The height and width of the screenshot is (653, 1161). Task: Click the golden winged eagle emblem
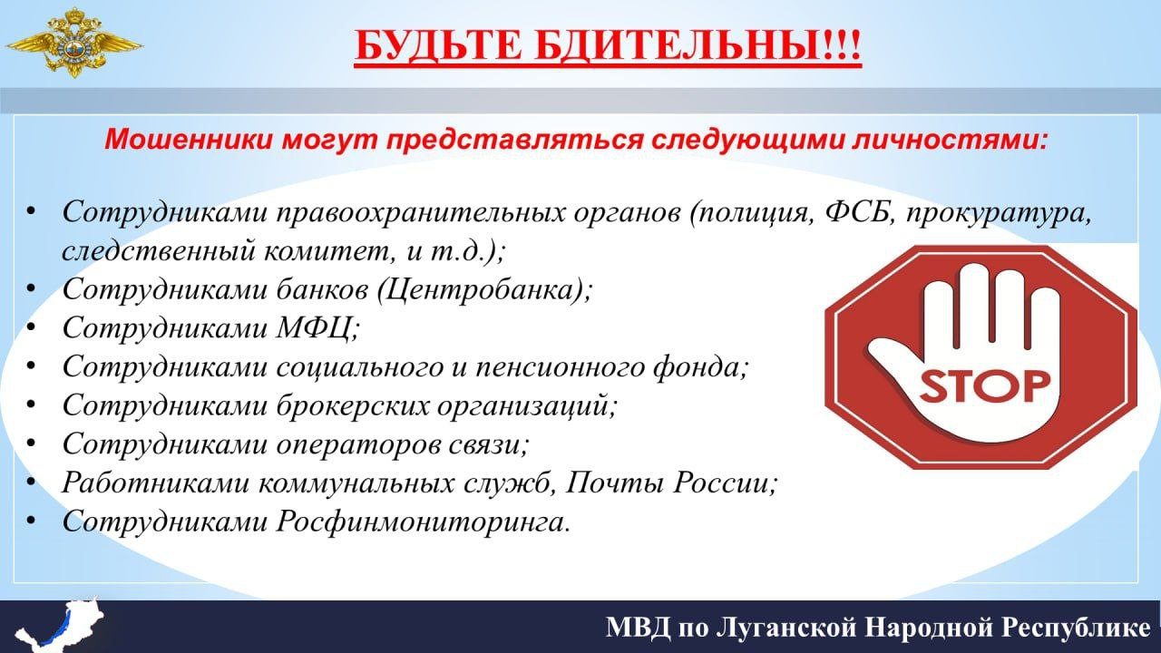coord(74,43)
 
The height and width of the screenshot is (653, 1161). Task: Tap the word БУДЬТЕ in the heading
coord(438,45)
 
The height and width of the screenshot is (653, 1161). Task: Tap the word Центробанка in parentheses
coord(476,290)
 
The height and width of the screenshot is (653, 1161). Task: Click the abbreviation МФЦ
coord(313,328)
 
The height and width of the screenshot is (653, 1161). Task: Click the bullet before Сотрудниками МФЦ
coord(31,327)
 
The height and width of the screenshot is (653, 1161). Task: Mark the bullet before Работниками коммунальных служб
coord(31,482)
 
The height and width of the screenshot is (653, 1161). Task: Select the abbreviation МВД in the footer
coord(638,628)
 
